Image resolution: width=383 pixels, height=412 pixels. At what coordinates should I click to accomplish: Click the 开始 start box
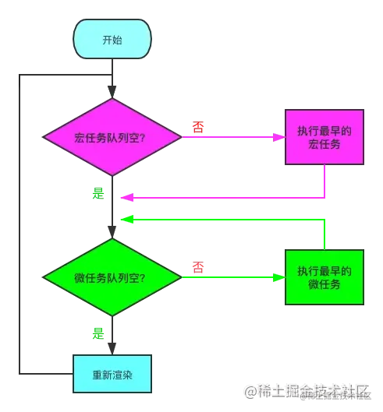[112, 39]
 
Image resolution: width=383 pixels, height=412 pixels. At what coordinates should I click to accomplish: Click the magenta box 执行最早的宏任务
[324, 137]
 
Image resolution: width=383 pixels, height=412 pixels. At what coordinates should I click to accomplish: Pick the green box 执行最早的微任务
[324, 277]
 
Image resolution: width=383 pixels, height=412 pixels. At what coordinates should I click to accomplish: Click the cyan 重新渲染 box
[112, 374]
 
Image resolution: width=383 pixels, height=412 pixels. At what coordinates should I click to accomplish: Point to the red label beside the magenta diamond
[198, 127]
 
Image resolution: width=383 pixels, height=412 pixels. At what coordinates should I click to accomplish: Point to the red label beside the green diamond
[198, 267]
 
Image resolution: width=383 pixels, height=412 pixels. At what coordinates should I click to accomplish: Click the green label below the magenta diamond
[98, 192]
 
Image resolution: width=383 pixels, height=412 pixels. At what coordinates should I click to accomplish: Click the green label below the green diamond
[98, 334]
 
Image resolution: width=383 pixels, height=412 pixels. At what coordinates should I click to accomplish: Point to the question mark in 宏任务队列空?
[151, 137]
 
